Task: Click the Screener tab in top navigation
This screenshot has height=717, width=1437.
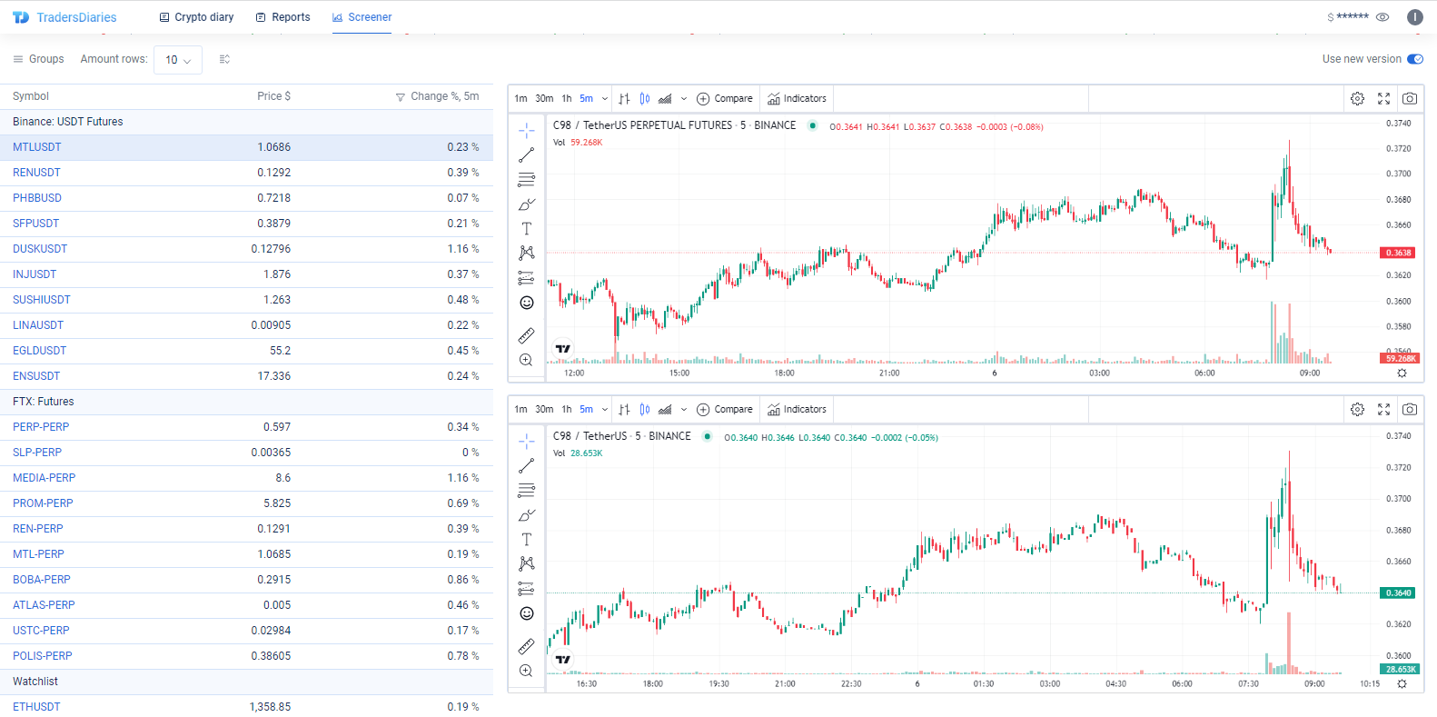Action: pos(362,17)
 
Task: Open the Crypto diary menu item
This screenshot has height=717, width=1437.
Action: pos(196,17)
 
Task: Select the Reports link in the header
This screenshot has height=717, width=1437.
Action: pos(282,17)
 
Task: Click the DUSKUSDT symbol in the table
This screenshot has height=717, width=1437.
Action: pos(40,249)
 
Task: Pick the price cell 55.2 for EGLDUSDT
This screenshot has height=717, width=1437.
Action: pos(280,351)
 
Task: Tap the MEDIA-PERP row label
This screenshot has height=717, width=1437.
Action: pos(45,478)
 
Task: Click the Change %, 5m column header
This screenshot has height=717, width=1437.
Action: pos(444,96)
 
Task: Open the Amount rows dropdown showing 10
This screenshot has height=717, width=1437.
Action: pos(177,60)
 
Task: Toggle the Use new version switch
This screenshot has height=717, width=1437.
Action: pos(1414,59)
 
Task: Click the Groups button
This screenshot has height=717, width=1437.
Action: pos(38,59)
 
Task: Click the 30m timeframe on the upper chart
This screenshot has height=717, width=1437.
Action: pos(544,98)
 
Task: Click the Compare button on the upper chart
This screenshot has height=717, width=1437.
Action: pos(725,98)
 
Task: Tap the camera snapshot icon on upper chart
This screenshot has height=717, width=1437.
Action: pos(1409,98)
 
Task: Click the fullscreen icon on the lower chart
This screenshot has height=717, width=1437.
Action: pos(1383,410)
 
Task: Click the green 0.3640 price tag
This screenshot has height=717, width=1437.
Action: pos(1398,593)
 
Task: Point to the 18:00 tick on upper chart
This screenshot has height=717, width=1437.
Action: pos(784,373)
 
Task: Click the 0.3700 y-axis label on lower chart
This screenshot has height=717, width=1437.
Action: pos(1398,499)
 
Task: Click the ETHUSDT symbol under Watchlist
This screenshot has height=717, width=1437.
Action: pos(36,707)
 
